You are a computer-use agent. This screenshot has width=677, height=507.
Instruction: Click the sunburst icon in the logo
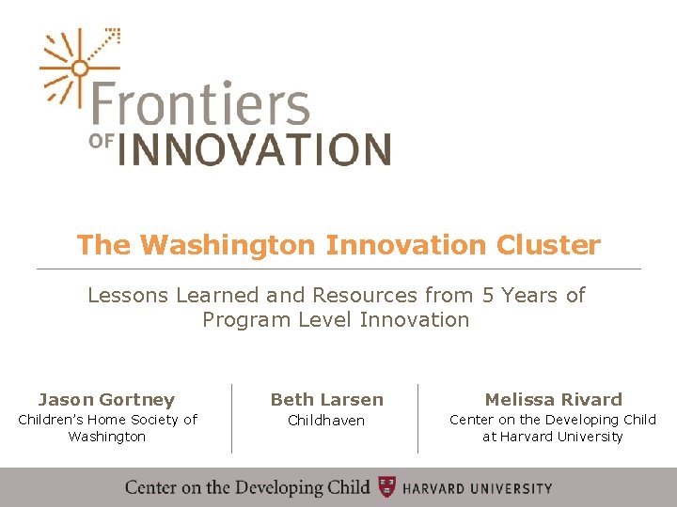coord(80,68)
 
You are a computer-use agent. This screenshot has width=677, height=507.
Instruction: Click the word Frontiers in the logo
coord(200,105)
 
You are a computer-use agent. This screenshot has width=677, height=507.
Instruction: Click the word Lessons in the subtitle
coord(127,296)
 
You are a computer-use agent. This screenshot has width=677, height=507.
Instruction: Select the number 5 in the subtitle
coord(487,296)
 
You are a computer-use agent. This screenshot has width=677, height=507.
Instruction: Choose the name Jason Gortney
coord(106,400)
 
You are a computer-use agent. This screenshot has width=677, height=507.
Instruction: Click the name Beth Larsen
coord(326,400)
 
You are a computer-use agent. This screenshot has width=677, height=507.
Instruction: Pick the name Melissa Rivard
coord(553,400)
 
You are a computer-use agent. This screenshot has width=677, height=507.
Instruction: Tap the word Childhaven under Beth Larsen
coord(326,421)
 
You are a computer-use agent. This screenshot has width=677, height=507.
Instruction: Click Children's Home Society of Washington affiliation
coord(107,428)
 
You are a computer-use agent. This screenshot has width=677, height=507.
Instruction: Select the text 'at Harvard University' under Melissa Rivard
coord(553,437)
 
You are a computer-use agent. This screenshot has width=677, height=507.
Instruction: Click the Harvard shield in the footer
coord(386,487)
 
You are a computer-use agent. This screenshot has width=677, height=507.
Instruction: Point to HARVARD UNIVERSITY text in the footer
coord(478,488)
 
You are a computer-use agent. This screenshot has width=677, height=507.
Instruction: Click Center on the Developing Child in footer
coord(247,487)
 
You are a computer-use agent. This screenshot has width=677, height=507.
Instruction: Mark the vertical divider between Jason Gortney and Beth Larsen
coord(231,418)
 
